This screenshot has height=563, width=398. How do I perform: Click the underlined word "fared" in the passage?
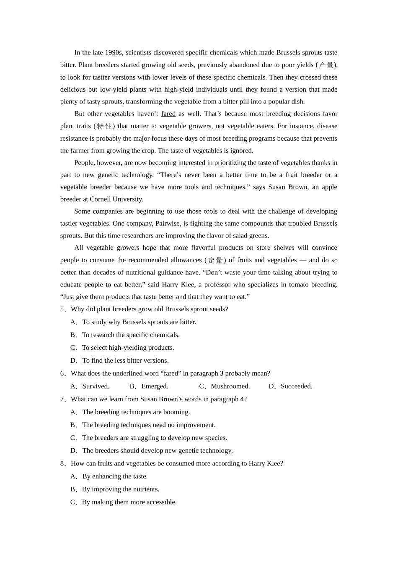tap(168, 114)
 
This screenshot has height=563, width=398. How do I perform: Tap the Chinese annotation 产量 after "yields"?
tap(326, 65)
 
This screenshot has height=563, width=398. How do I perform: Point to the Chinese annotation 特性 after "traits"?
tap(104, 126)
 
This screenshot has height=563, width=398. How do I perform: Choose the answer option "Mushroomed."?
tap(230, 387)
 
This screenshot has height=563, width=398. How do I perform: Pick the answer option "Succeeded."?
tap(296, 387)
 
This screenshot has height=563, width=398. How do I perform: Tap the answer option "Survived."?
tap(96, 387)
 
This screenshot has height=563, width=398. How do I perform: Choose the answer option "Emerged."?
tap(155, 387)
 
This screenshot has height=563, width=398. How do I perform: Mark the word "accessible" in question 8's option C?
tap(161, 502)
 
